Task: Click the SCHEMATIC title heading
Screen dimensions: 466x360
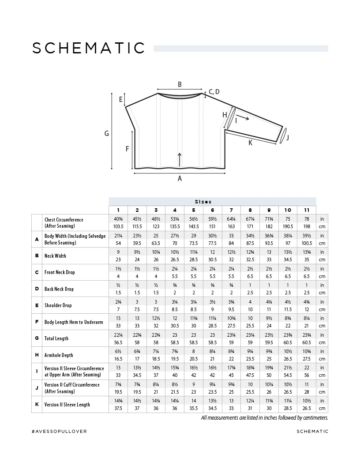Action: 89,48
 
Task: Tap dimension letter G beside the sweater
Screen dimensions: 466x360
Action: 107,133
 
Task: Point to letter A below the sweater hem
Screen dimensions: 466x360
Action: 180,179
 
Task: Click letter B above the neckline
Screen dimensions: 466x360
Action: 180,84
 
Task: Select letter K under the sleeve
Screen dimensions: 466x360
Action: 250,143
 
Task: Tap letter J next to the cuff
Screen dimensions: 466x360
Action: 288,138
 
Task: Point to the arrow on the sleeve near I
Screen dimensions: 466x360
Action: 245,118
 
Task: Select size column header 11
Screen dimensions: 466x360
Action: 307,210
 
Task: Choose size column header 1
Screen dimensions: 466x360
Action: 118,210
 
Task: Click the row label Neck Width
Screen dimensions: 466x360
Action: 55,256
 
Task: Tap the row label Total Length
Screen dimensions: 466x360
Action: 56,338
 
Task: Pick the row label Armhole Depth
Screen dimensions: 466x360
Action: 59,355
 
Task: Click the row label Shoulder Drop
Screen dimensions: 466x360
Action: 58,305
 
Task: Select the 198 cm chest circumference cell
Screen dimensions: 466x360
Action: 307,226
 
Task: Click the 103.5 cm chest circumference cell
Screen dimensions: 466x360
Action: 118,226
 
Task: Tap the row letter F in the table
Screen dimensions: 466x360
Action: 37,322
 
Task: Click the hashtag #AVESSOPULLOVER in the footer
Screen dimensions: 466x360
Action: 60,431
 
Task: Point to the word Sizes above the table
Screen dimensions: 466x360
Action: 203,201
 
